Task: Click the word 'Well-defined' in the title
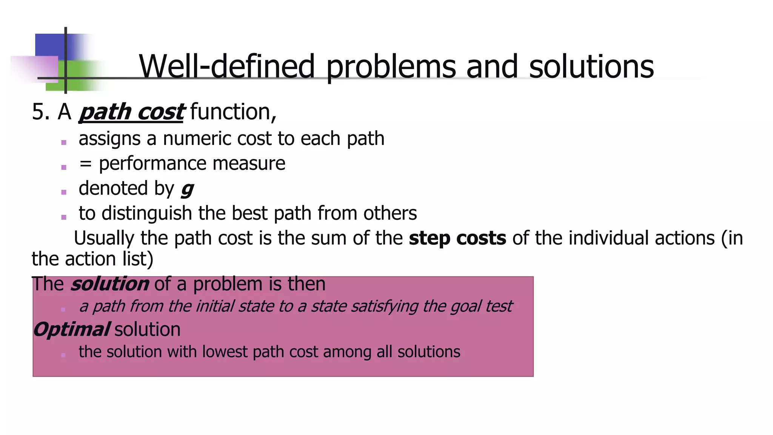226,66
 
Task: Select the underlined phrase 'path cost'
131,112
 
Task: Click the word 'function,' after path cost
233,112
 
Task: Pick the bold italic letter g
187,189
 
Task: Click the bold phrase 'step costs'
457,238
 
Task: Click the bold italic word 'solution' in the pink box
109,284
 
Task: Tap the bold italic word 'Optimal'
71,329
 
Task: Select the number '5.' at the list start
41,112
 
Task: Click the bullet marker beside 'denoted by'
64,192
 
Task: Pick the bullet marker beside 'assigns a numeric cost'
64,143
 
